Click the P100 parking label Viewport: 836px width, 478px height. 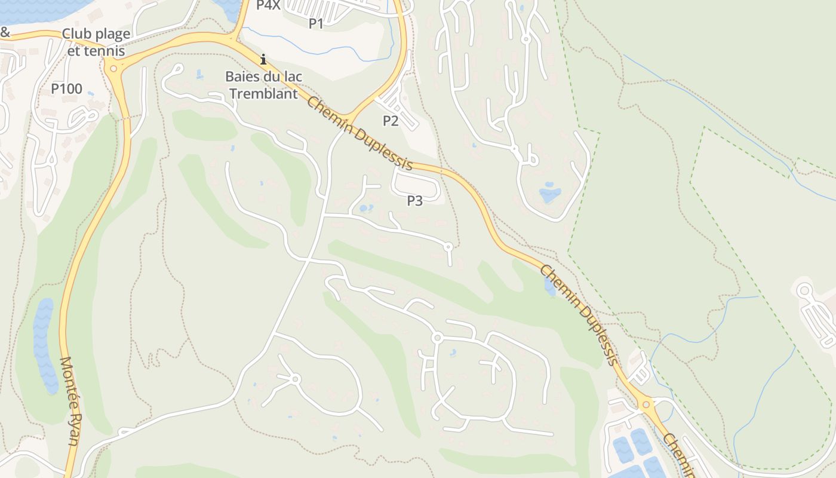coord(66,89)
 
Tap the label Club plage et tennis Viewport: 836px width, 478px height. coord(96,42)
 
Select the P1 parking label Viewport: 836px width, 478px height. coord(316,23)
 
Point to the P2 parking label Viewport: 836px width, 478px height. coord(391,121)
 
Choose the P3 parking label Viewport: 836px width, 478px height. coord(415,201)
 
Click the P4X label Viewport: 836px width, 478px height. coord(268,5)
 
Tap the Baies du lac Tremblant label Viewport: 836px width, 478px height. coord(264,85)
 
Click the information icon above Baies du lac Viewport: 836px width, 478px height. coord(263,59)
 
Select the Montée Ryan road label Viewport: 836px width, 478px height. coord(70,400)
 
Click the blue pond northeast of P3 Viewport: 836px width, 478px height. coord(549,195)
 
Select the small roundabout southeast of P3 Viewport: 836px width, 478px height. coord(448,246)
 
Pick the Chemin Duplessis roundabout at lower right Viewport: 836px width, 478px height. coord(646,405)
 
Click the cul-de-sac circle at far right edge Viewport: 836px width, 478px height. coord(804,291)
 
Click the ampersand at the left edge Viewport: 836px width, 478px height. coord(5,32)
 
